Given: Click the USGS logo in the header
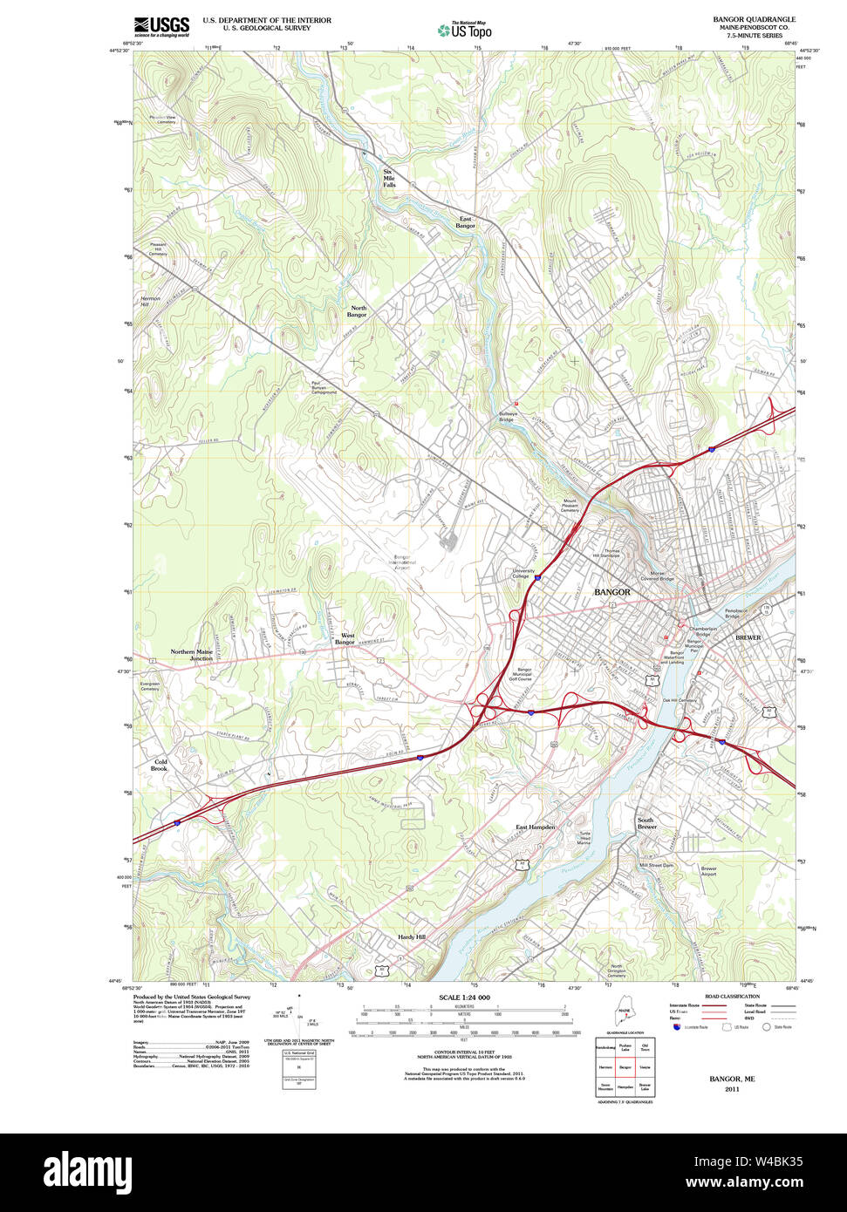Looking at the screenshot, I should (161, 26).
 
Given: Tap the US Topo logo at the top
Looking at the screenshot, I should (465, 31).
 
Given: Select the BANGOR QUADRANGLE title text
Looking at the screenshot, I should (754, 19).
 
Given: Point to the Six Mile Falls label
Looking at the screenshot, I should (389, 178).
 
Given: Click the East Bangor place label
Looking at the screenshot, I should (466, 222).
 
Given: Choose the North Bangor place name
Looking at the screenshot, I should (359, 311).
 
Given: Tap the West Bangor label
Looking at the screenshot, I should (346, 639).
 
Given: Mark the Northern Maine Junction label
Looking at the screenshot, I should (192, 655).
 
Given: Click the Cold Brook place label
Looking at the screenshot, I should (160, 765).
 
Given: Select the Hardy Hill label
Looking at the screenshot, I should (412, 936).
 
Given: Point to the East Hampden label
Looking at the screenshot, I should (535, 827).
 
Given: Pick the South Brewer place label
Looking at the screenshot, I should (645, 823).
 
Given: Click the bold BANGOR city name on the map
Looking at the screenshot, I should (611, 592).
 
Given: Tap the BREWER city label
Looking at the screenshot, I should (748, 637).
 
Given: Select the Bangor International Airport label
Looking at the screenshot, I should (401, 562).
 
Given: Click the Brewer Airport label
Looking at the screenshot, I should (708, 871).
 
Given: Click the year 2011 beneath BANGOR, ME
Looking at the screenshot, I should (732, 1089).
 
